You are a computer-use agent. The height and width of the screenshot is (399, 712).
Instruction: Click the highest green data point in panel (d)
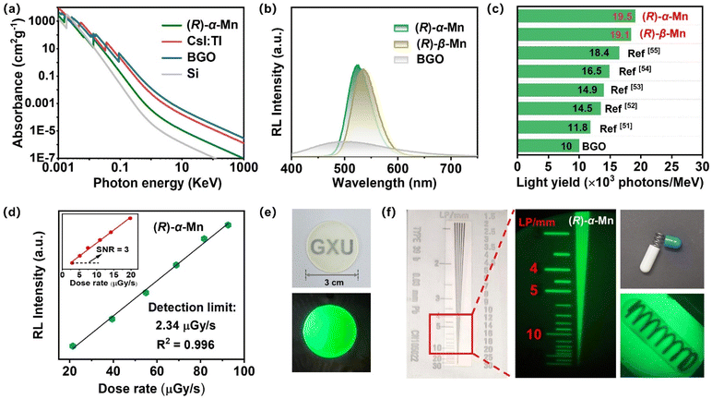click(227, 224)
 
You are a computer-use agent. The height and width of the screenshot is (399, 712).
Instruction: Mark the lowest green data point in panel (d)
click(72, 345)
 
